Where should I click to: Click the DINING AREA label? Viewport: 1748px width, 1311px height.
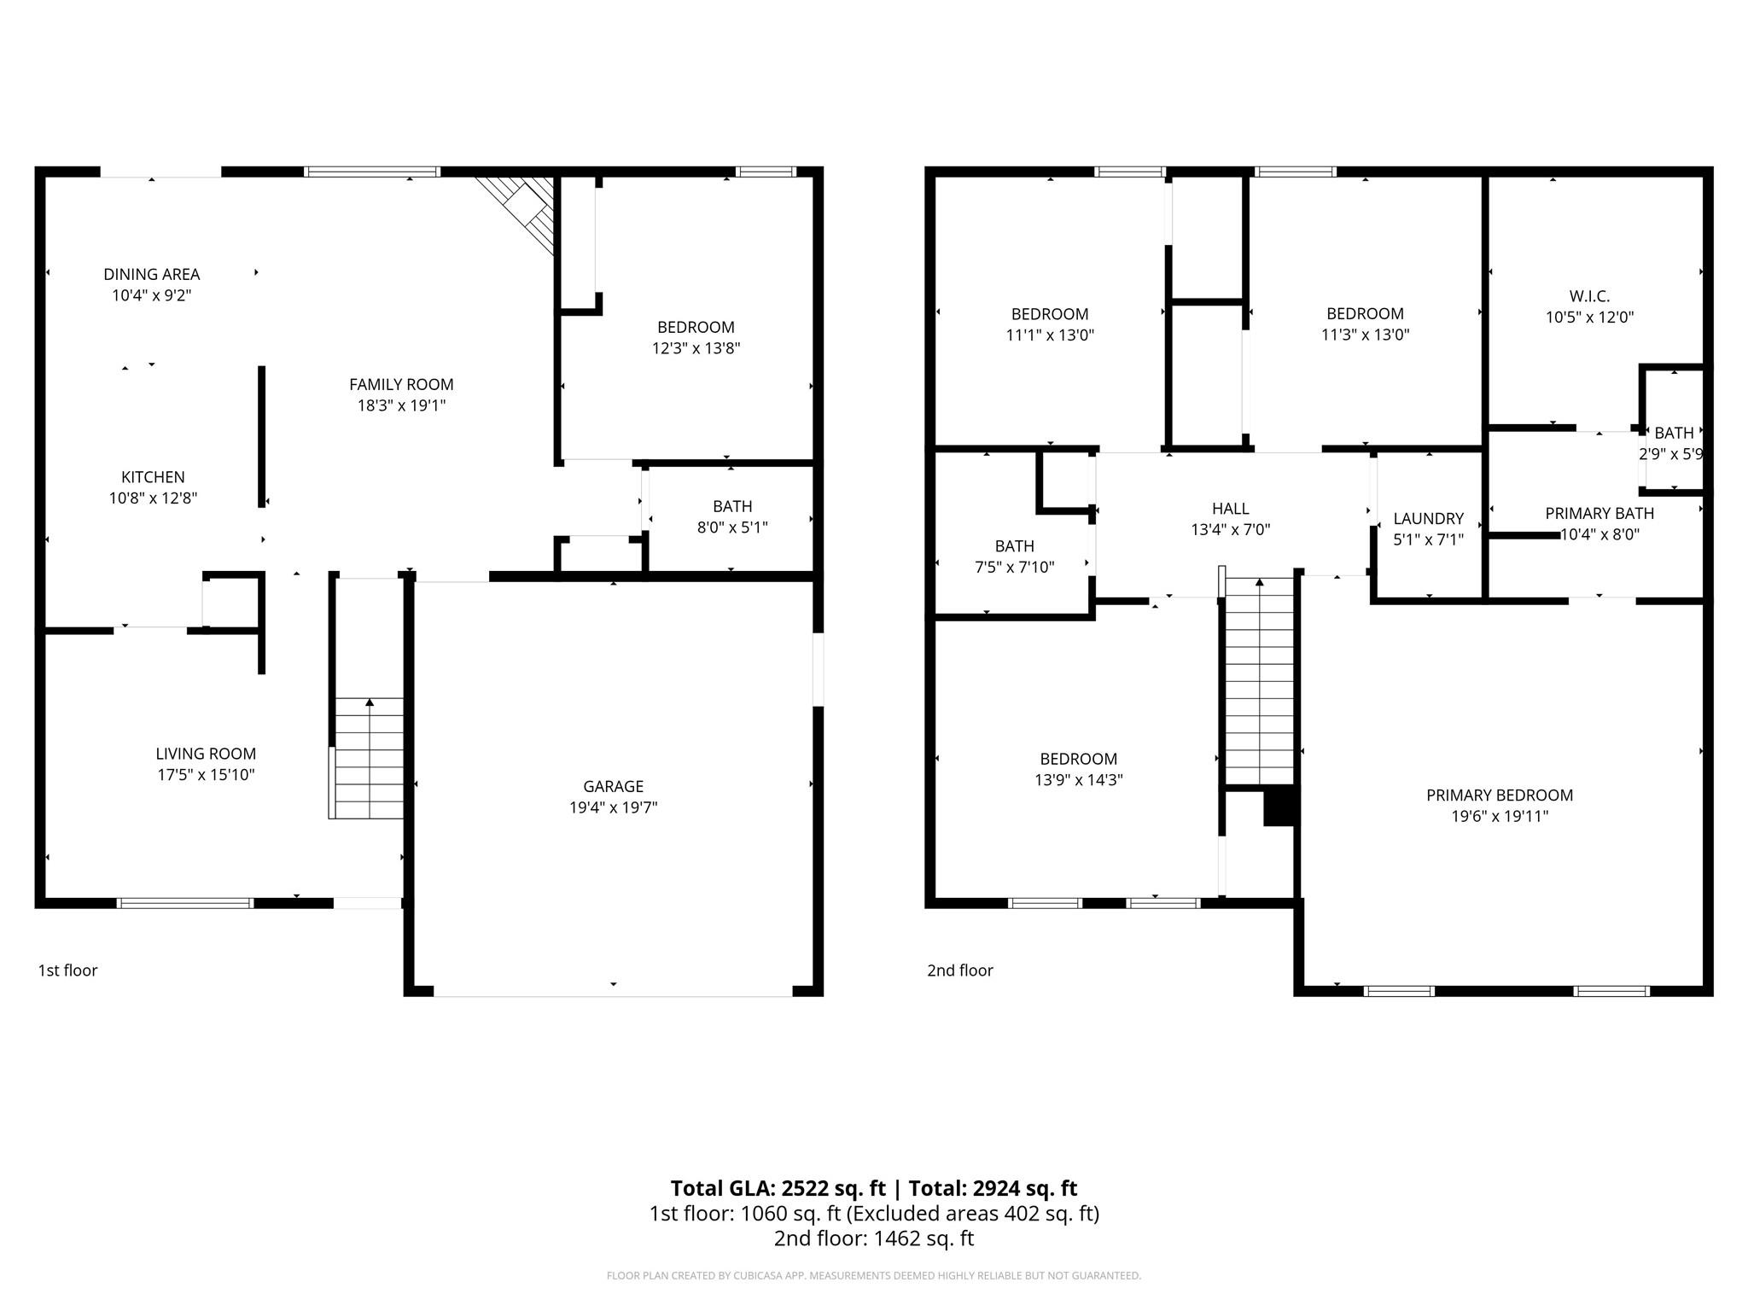pos(152,274)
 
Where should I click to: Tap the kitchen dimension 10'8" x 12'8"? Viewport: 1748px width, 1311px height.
pos(153,498)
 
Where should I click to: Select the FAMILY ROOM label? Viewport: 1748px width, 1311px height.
pos(401,384)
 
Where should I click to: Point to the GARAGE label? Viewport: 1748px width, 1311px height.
pos(613,786)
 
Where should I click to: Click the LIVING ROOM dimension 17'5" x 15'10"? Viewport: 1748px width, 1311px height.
pos(206,775)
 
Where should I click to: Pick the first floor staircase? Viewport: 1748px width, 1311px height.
pos(369,758)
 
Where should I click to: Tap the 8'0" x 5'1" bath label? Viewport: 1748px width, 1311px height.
pos(731,527)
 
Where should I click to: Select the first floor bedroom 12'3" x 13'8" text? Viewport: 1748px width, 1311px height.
pos(696,348)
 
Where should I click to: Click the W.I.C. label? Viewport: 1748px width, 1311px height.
pos(1589,296)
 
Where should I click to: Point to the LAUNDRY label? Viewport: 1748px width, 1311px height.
pos(1428,518)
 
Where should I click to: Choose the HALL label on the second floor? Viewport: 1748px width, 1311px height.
pos(1230,509)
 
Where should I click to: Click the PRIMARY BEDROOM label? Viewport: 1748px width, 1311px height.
pos(1500,795)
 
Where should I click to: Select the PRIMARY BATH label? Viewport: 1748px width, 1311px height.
pos(1599,513)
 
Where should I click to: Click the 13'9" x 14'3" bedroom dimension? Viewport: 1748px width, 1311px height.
pos(1078,780)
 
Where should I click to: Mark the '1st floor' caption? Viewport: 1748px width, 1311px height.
pos(67,970)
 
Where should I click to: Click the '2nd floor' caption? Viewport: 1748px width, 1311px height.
pos(960,970)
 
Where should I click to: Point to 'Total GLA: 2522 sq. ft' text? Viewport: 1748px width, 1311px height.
pos(778,1188)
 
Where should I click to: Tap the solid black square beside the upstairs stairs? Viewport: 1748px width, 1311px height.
pos(1279,806)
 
